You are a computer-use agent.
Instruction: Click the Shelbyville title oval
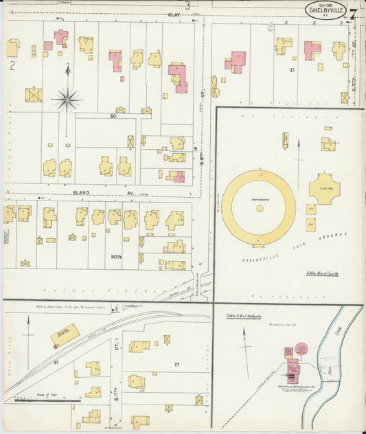(325, 10)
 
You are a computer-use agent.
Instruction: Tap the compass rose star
(67, 99)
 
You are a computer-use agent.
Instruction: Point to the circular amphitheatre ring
(258, 207)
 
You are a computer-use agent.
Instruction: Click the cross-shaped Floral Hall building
(324, 188)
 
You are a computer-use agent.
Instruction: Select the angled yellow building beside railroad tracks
(65, 336)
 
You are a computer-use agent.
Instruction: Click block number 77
(176, 365)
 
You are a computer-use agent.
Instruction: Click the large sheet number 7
(352, 13)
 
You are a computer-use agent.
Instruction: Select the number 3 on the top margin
(186, 4)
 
